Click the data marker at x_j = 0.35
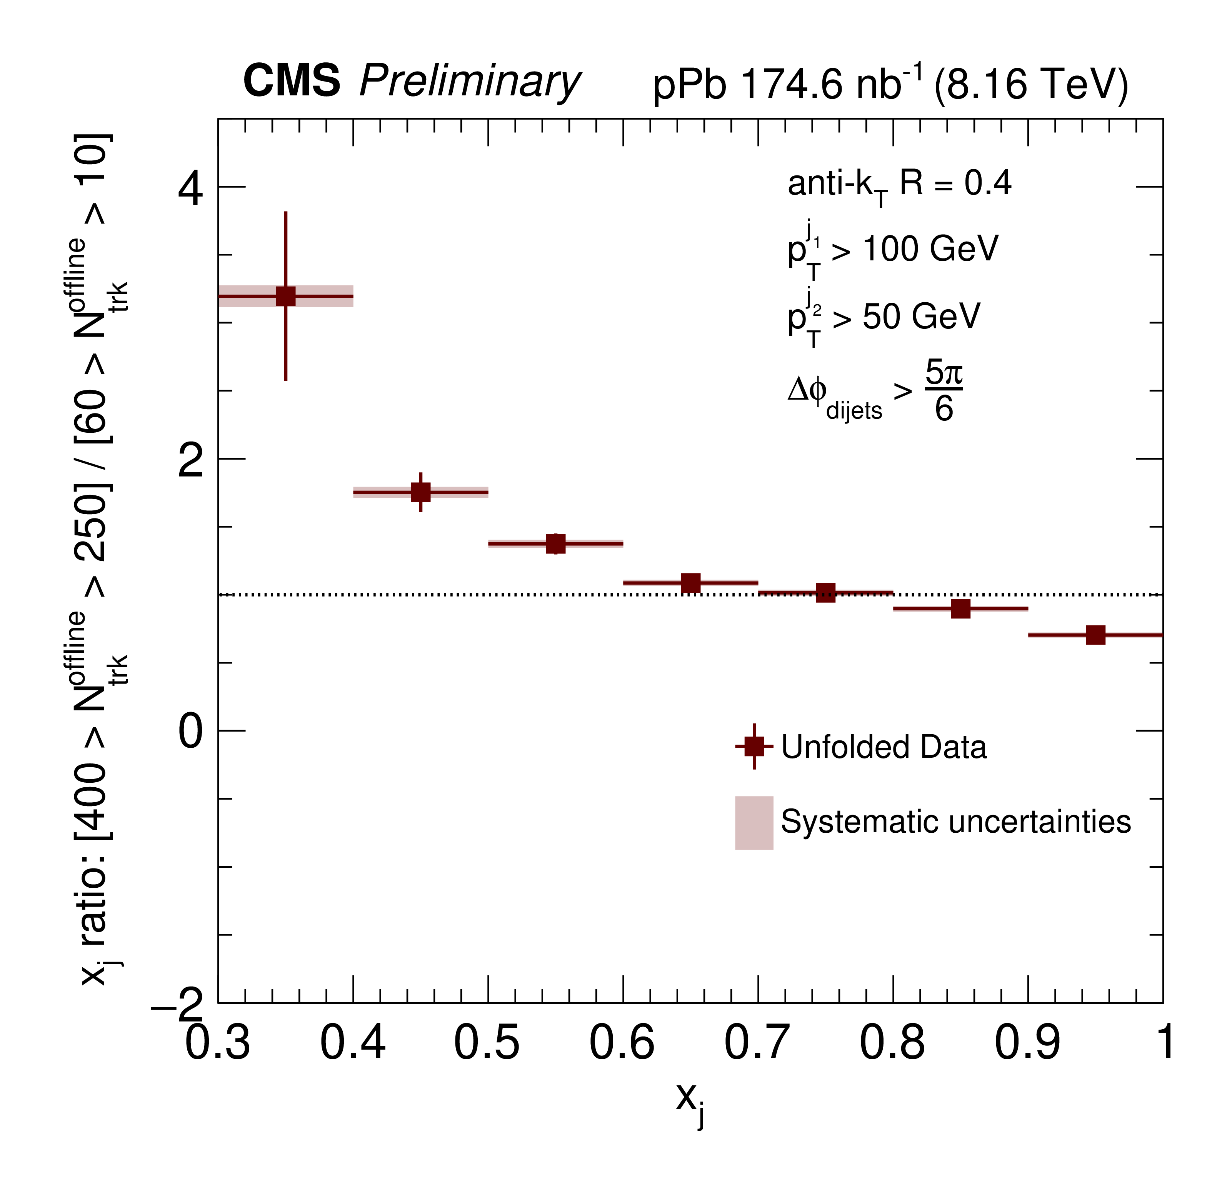[x=286, y=296]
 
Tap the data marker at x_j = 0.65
[x=691, y=583]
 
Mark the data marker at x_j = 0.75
[x=825, y=593]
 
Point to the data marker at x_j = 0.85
[x=960, y=608]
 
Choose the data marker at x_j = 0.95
[x=1095, y=635]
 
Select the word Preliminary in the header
[x=470, y=82]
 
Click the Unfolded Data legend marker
[x=754, y=746]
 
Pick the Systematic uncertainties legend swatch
[x=754, y=822]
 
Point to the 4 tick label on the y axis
[x=190, y=188]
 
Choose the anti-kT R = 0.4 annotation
[x=899, y=185]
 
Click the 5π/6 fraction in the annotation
[x=944, y=391]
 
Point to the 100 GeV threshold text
[x=929, y=249]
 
